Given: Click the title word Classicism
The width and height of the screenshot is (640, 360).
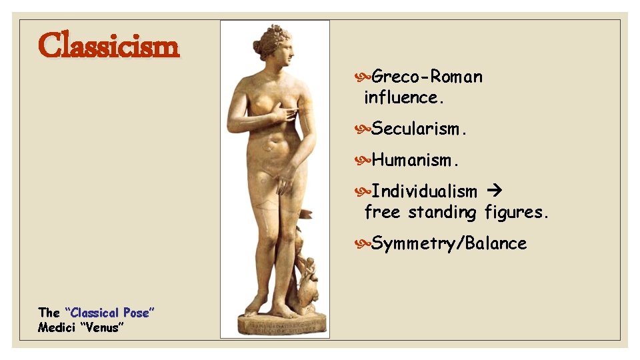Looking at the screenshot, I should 109,47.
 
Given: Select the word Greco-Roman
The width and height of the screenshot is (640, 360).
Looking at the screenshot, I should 427,77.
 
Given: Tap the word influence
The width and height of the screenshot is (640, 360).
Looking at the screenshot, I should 403,97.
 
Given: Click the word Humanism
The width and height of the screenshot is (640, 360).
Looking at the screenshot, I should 415,160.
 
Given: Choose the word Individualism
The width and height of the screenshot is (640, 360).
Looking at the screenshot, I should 424,191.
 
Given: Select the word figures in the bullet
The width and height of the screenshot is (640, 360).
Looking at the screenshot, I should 517,213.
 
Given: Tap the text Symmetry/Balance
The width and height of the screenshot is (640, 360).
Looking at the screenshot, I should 449,243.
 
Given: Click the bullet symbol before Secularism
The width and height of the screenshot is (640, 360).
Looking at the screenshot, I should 365,129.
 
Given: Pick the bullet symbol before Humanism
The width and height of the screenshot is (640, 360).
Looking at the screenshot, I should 365,160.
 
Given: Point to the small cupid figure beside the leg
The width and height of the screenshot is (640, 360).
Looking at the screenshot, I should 309,270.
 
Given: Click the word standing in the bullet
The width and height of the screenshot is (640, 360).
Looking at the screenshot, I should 442,213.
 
